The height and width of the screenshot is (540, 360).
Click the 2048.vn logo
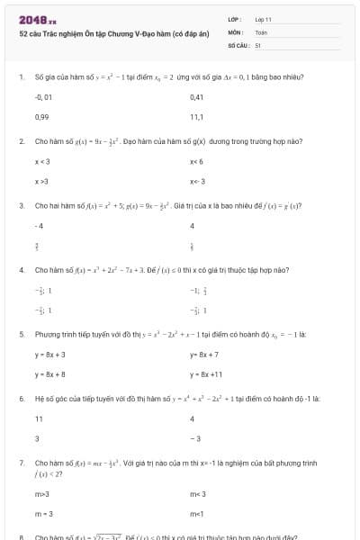click(x=37, y=19)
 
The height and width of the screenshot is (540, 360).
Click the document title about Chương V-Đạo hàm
click(x=113, y=32)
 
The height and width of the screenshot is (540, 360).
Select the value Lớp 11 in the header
click(x=263, y=19)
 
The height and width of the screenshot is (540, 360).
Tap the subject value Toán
click(x=261, y=31)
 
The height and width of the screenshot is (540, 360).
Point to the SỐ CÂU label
click(x=237, y=43)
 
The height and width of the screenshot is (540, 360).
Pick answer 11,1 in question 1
click(x=196, y=117)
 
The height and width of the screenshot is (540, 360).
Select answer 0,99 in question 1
click(x=41, y=117)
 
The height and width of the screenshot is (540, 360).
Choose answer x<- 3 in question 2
click(x=197, y=182)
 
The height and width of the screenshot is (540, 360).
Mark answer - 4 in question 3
click(x=39, y=225)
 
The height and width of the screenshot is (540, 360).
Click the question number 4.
click(x=21, y=270)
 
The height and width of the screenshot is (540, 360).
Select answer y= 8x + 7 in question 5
click(x=205, y=355)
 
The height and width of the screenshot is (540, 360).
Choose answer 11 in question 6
click(x=39, y=418)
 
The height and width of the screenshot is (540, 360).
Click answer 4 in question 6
click(x=193, y=418)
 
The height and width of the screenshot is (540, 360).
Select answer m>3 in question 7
click(x=41, y=493)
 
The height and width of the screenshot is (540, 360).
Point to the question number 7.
click(x=21, y=462)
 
